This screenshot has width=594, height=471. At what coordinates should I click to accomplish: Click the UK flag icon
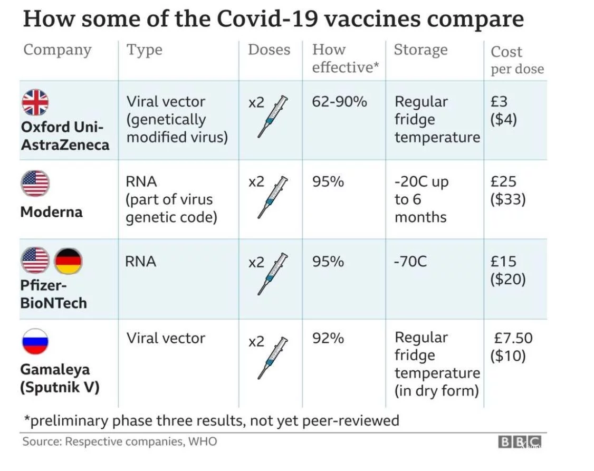tap(35, 102)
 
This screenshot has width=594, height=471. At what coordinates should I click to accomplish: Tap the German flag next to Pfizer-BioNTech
tap(68, 261)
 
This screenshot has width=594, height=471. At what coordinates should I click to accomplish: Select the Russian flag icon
tap(35, 341)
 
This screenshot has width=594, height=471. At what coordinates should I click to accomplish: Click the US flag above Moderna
tap(35, 184)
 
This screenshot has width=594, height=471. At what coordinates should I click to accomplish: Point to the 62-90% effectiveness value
tap(339, 101)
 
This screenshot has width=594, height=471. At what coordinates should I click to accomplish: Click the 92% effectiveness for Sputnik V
tap(328, 338)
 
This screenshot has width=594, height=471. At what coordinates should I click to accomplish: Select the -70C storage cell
tap(410, 261)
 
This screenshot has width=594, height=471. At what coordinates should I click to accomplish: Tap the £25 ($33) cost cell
tap(507, 190)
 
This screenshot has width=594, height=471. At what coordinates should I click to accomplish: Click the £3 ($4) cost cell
tap(503, 110)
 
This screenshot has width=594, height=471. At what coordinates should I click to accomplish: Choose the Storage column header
tap(420, 50)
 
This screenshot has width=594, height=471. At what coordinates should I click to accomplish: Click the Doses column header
tap(269, 50)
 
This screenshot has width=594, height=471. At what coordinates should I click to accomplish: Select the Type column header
tap(144, 50)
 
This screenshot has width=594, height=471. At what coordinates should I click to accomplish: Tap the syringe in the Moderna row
tap(273, 197)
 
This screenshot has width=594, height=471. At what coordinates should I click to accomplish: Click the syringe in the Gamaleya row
tap(273, 358)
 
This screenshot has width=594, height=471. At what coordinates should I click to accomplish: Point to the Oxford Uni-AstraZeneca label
tap(64, 136)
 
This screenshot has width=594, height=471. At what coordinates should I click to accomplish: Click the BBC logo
tap(519, 442)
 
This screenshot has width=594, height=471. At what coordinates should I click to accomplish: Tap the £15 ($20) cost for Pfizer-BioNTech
tap(507, 270)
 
